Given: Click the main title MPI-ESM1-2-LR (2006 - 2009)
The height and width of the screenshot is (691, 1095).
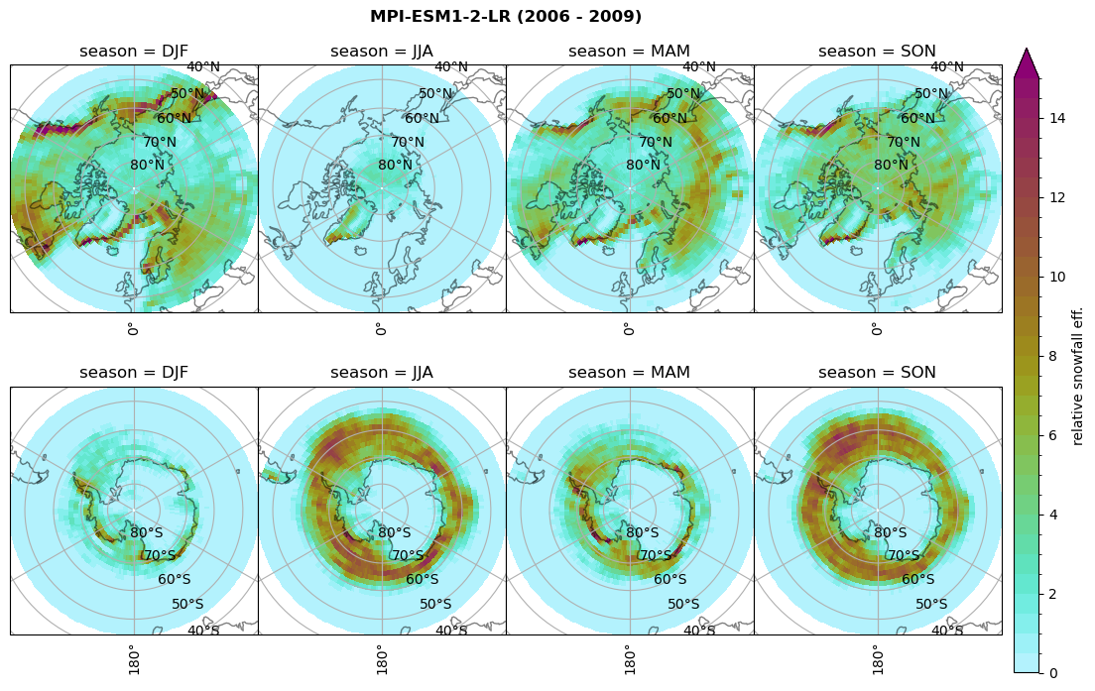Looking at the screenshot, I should click(506, 17).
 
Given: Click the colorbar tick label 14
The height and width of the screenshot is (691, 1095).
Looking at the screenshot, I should click(1057, 119).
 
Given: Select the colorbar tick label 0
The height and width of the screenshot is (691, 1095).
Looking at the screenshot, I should click(1053, 673).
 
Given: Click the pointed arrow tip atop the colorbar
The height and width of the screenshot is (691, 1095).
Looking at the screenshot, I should click(1027, 50).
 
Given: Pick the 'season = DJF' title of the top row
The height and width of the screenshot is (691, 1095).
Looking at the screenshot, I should click(134, 52).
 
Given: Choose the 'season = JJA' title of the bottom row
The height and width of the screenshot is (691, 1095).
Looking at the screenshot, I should click(382, 373).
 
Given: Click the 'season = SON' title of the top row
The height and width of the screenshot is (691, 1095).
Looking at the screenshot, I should click(878, 52).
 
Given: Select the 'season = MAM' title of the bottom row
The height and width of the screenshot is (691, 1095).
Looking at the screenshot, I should click(630, 373).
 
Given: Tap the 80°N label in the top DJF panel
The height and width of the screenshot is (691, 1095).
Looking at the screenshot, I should click(147, 166).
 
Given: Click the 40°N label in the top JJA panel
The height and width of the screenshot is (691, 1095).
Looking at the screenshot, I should click(451, 67).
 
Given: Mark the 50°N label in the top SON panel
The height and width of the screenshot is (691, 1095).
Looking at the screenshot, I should click(930, 94).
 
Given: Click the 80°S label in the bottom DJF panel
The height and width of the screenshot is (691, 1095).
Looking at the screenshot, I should click(147, 533).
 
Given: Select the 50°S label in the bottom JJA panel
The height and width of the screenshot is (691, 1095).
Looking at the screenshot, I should click(435, 605).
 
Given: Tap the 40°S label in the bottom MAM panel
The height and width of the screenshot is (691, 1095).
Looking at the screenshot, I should click(699, 631).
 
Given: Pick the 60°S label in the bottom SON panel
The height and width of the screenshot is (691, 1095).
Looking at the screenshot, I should click(917, 580).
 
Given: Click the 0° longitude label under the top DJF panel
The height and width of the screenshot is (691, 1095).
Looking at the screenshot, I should click(133, 328).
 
